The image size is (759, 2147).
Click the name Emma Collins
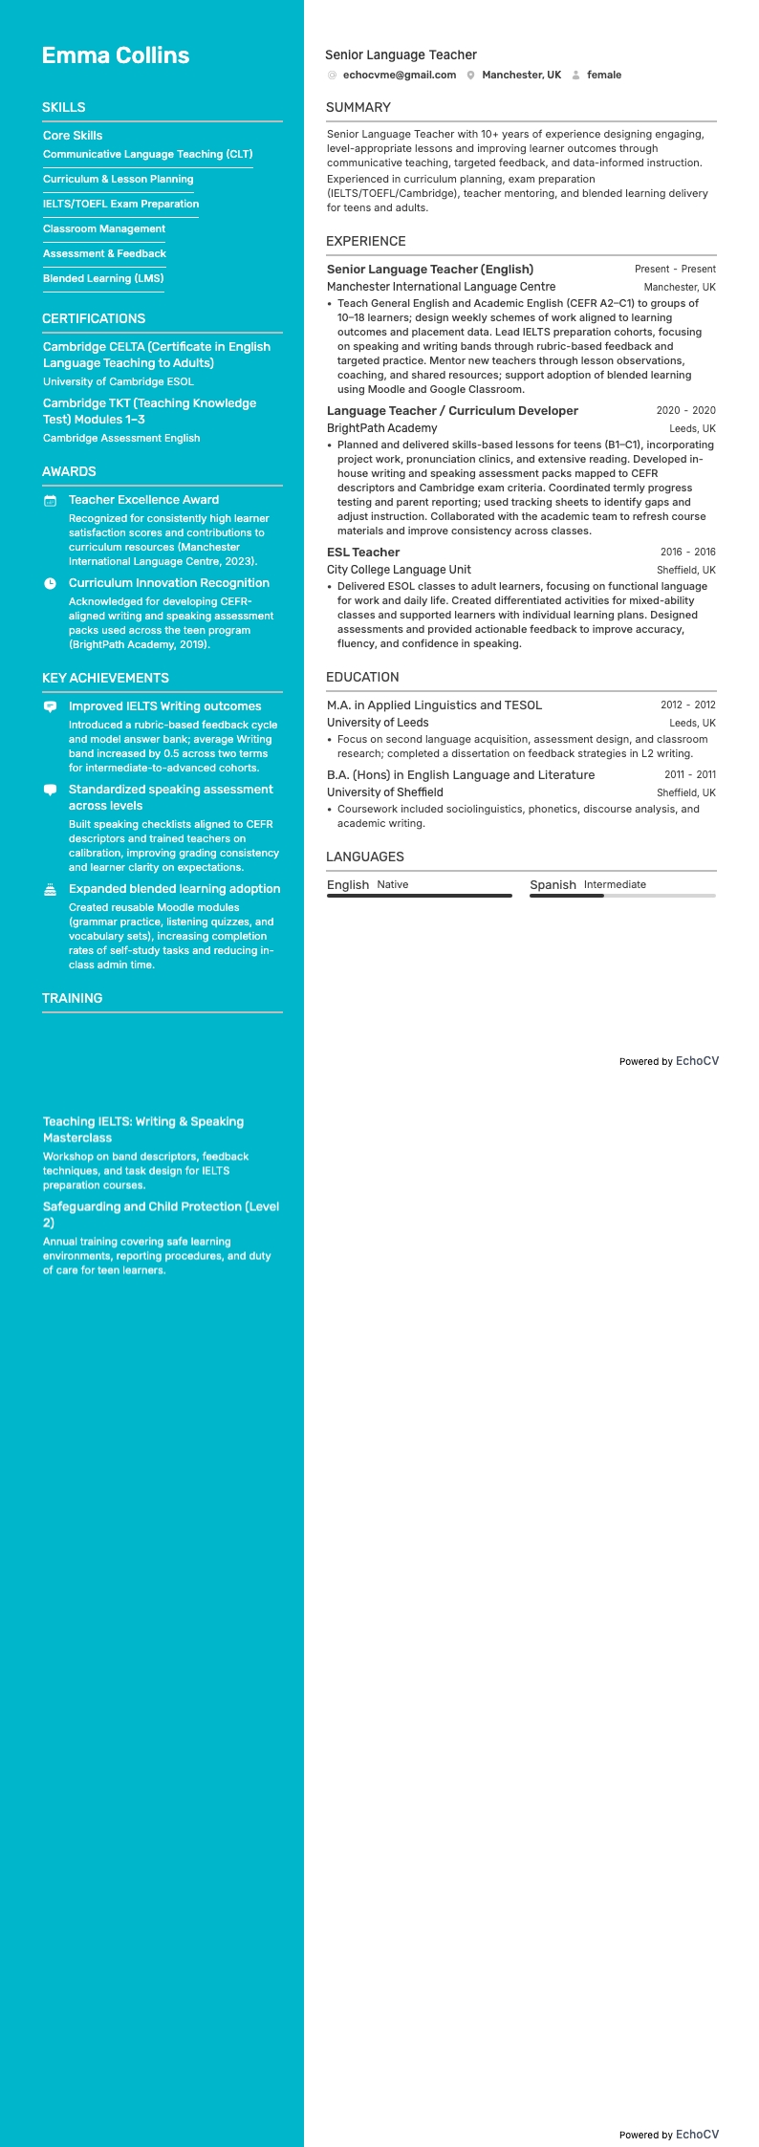116,55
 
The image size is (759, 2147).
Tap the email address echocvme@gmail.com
399,75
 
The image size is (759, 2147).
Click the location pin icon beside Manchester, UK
470,75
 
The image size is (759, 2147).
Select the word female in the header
603,75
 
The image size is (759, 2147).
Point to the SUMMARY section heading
358,107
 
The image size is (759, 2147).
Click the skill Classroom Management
104,228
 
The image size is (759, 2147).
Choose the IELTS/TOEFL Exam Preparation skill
120,204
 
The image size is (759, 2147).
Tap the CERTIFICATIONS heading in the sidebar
94,318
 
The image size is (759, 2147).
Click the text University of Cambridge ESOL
118,381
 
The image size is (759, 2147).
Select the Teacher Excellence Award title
143,499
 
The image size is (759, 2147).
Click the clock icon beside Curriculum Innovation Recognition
50,583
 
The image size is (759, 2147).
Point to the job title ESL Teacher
363,552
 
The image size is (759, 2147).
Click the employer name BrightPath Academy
381,428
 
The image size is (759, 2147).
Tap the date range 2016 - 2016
687,552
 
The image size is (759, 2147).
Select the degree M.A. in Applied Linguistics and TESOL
434,705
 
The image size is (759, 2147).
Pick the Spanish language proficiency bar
622,896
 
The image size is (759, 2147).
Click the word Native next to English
392,884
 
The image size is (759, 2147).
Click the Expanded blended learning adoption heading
174,888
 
